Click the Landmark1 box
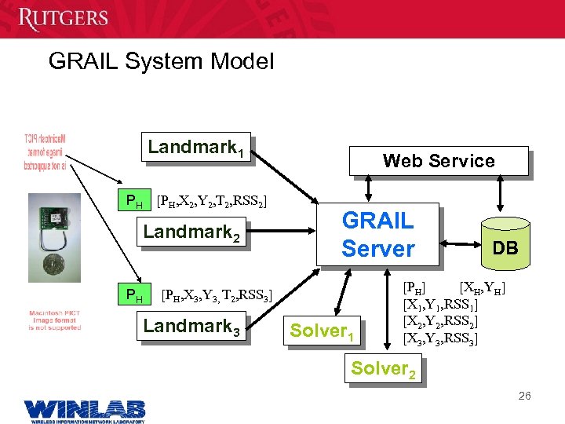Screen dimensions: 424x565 [x=198, y=147]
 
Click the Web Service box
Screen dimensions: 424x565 [x=439, y=161]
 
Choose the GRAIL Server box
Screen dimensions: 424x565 [x=379, y=235]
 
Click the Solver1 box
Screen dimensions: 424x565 [x=325, y=331]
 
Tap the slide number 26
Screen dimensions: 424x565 [x=524, y=396]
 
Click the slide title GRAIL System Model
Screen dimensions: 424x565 [x=161, y=61]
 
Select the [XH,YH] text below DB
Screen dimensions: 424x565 [x=481, y=287]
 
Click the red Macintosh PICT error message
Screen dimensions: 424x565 [x=55, y=320]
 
